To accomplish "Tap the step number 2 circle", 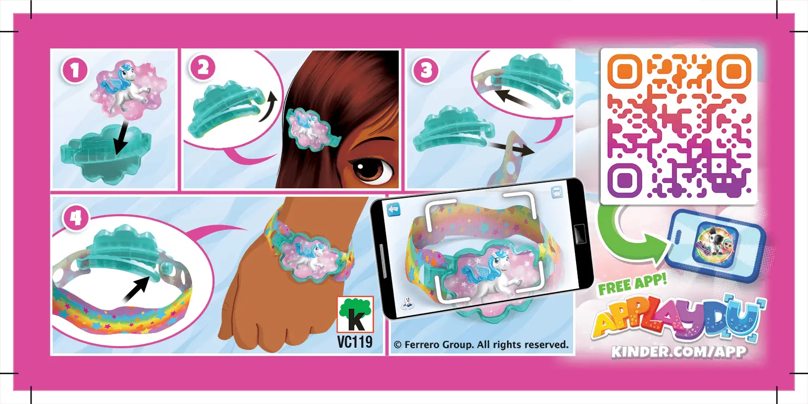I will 203,69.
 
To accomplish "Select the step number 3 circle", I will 426,70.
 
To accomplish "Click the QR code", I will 679,126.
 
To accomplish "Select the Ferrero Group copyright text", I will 481,345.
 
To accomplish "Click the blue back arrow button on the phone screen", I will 394,210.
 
